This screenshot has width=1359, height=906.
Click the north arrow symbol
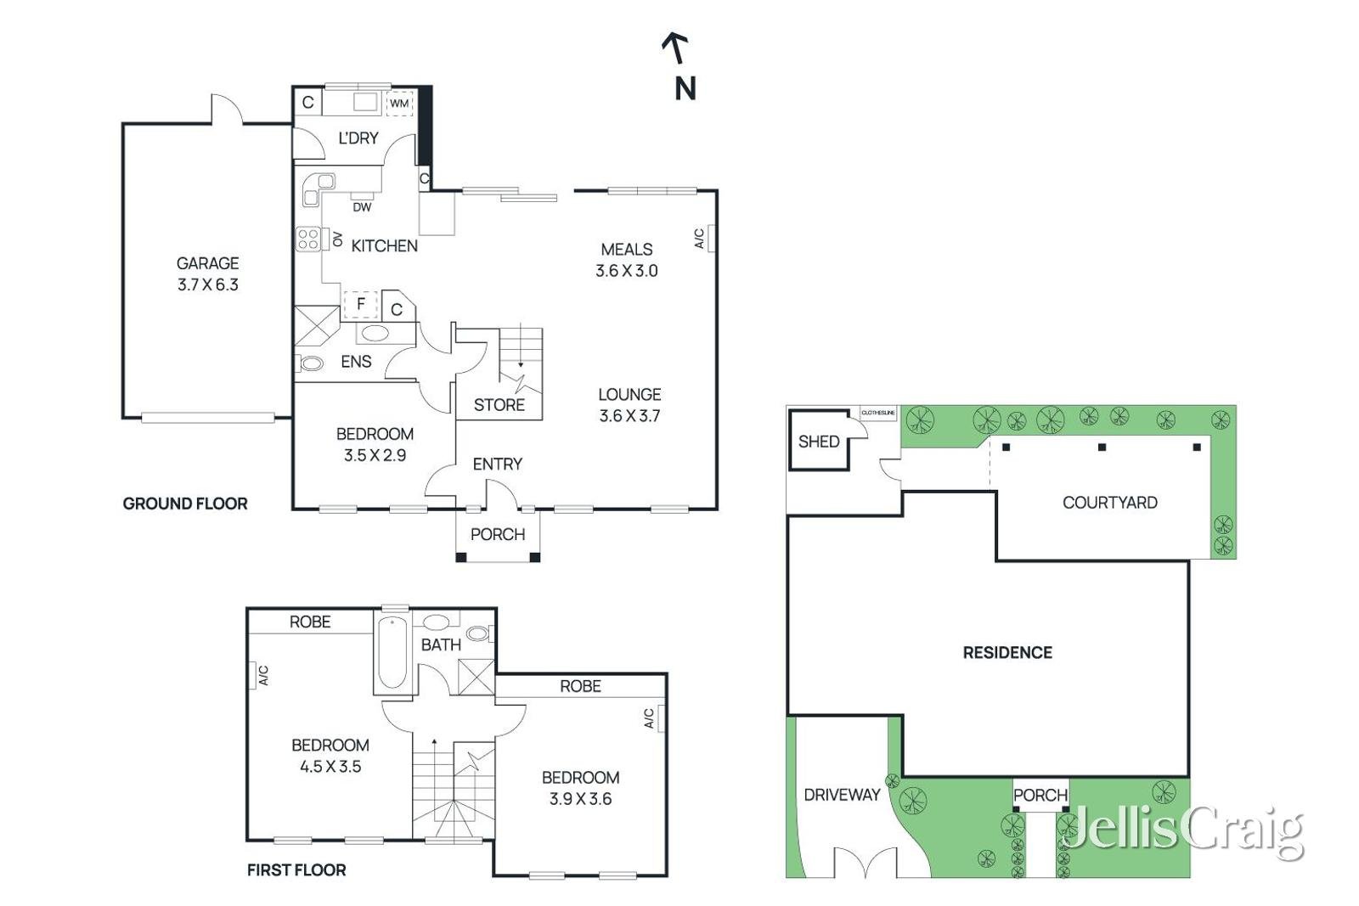[x=675, y=49]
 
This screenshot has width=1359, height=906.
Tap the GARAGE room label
[x=207, y=263]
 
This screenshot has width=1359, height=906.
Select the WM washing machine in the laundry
[x=399, y=104]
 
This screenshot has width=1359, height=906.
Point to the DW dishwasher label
[x=362, y=207]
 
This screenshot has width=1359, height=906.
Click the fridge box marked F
[x=361, y=304]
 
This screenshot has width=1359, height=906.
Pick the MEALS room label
[x=627, y=250]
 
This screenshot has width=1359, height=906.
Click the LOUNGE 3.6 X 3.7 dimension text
[x=629, y=416]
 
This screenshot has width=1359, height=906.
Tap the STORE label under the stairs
[x=499, y=405]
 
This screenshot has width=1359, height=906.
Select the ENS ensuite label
[x=356, y=362]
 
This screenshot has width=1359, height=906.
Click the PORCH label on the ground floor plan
[x=498, y=534]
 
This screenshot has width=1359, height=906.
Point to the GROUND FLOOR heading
[x=185, y=504]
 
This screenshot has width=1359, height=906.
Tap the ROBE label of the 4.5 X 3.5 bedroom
[x=310, y=622]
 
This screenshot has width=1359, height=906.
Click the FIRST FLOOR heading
[x=296, y=870]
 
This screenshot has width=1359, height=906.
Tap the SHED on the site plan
[x=819, y=441]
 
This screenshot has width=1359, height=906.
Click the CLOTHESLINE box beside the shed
[x=878, y=413]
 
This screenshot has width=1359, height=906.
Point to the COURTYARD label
[x=1109, y=503]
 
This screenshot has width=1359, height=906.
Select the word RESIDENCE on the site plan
[x=1007, y=652]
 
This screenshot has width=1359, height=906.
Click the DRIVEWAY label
[x=842, y=795]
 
